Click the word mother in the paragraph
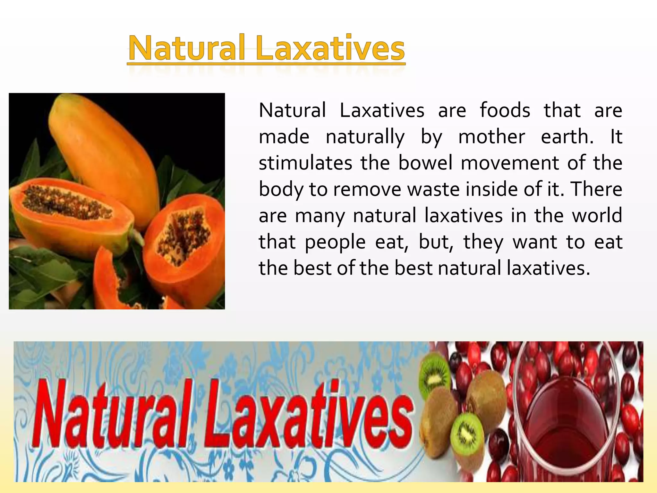[x=491, y=137]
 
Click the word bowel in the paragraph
[x=425, y=163]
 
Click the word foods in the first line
[x=505, y=111]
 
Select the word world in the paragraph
[x=597, y=216]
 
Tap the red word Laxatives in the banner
[x=308, y=414]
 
